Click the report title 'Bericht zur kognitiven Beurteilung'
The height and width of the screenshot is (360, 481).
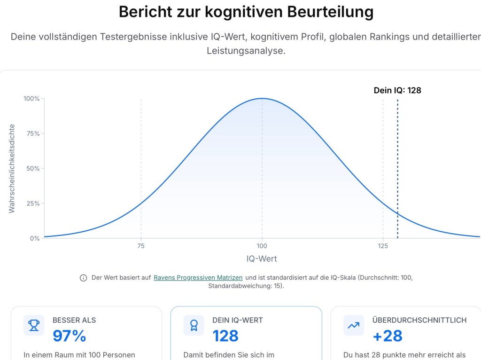point(246,12)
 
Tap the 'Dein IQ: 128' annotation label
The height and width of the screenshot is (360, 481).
point(397,90)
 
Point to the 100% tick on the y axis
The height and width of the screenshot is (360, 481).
point(31,99)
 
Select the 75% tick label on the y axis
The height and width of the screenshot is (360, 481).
point(33,133)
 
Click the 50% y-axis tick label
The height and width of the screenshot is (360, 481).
point(33,168)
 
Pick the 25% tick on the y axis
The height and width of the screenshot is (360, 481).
point(33,203)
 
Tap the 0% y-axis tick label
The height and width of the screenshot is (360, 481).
point(35,238)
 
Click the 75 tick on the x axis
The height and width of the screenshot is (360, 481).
point(141,246)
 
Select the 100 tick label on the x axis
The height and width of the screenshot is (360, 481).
point(262,246)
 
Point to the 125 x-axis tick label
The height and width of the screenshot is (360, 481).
point(383,246)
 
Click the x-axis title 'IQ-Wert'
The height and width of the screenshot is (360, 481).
point(262,258)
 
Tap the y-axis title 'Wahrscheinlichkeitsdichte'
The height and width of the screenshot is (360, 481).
point(12,168)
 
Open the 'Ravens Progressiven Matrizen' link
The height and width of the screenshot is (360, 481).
point(198,278)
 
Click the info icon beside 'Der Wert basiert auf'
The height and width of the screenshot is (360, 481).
point(84,278)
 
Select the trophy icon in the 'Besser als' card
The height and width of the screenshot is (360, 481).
point(34,325)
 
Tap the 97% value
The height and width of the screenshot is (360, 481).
point(70,336)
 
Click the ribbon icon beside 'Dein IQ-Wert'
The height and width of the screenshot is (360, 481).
point(194,325)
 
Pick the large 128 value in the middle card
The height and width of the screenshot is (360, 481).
point(225,336)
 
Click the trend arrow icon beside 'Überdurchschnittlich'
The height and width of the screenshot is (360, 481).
point(353,325)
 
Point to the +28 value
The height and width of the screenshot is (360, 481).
point(388,336)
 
